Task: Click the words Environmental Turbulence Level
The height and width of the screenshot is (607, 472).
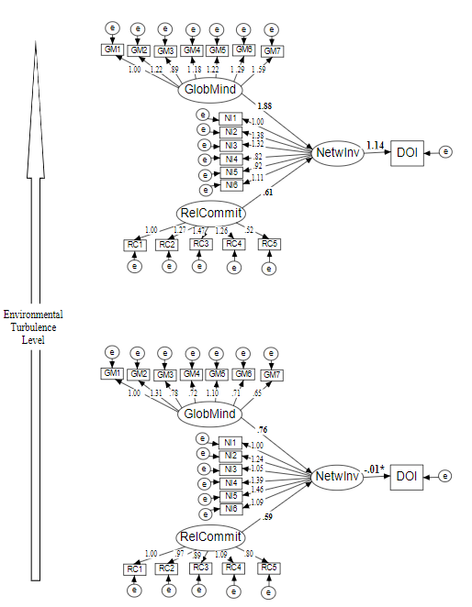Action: [x=27, y=326]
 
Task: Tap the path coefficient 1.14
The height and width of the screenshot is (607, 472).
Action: [x=374, y=145]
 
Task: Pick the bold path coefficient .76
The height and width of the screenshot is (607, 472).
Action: [x=263, y=429]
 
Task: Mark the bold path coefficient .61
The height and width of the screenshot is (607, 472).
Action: [x=267, y=193]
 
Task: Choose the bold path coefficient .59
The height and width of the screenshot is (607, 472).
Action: [x=267, y=517]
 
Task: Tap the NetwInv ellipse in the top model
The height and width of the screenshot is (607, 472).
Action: [x=337, y=153]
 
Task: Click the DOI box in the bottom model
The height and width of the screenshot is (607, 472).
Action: [x=407, y=476]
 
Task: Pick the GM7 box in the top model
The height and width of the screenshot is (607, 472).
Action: [x=273, y=50]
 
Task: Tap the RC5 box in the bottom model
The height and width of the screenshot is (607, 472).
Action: [x=268, y=568]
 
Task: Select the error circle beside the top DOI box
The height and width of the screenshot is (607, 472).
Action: [x=445, y=152]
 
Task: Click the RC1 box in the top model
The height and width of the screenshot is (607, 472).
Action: [x=134, y=244]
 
